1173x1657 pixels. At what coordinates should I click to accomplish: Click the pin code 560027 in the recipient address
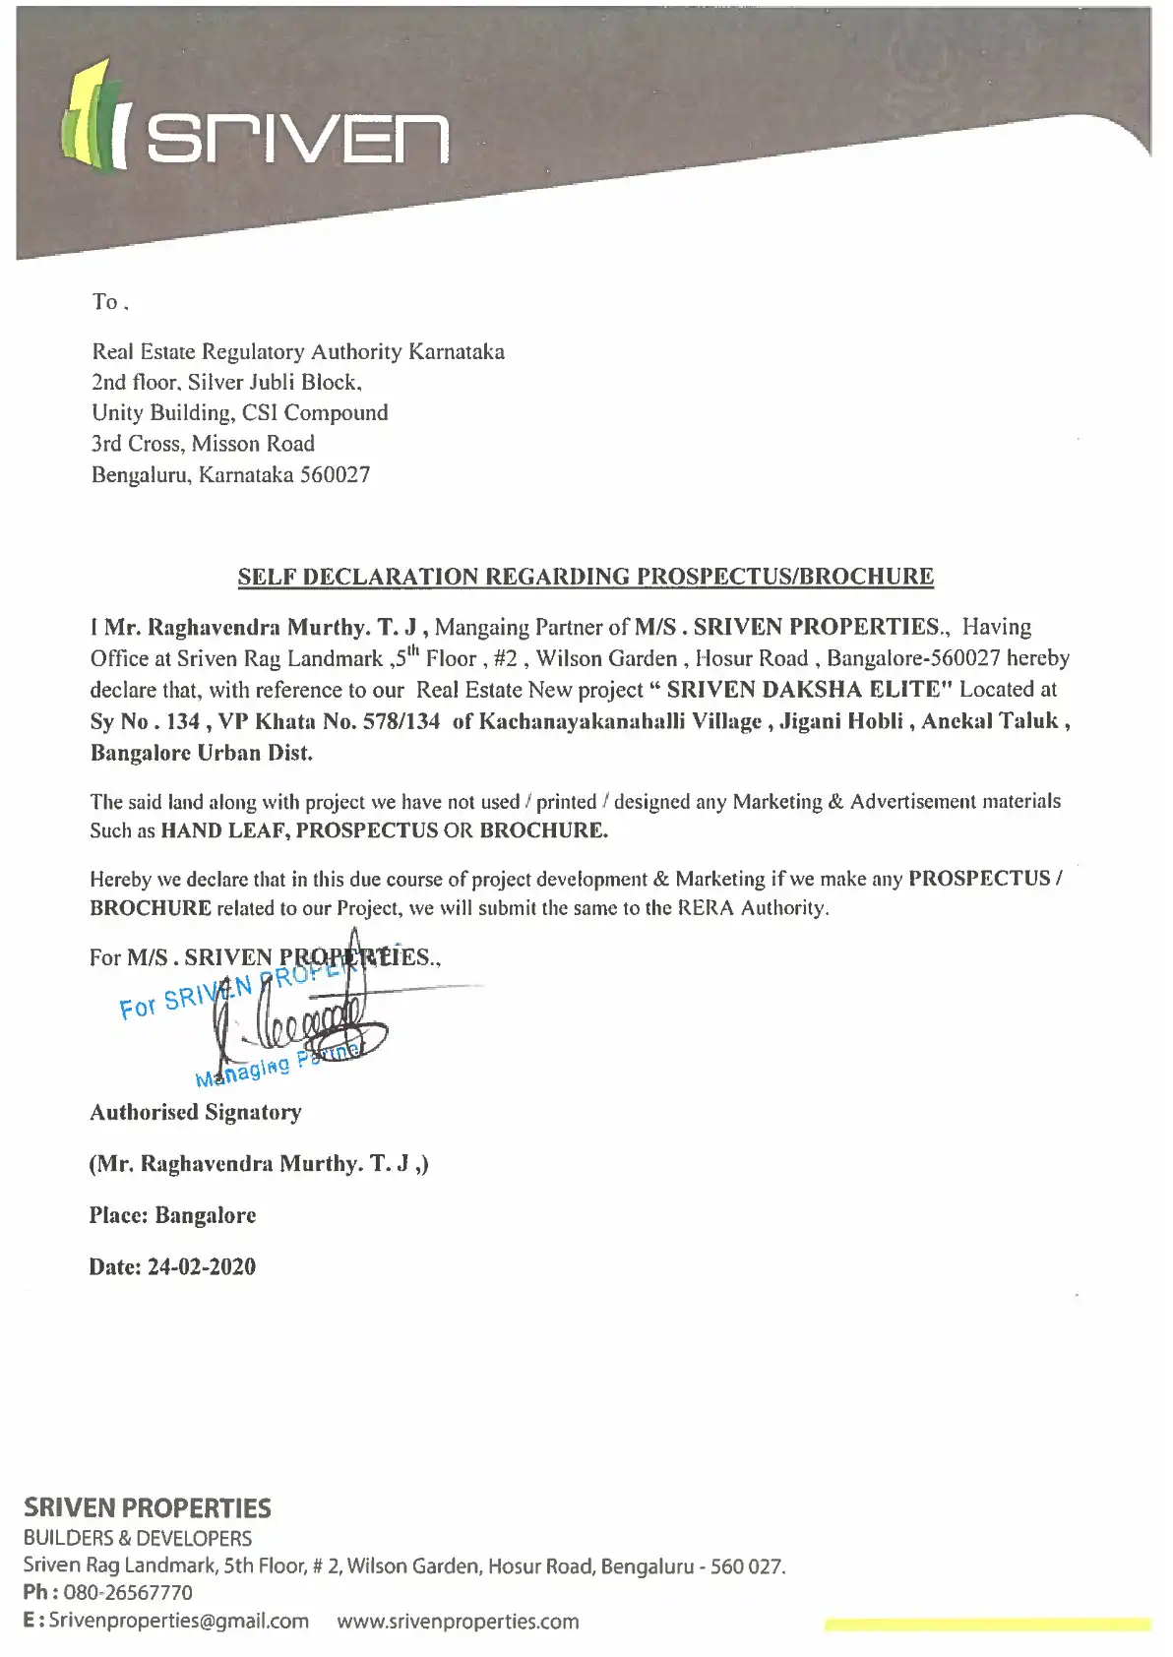[x=335, y=475]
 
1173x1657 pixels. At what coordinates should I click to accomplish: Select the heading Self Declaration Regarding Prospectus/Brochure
[x=586, y=577]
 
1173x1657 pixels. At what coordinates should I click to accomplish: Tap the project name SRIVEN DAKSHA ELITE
[x=803, y=690]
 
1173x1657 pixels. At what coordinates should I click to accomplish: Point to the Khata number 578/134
[x=401, y=721]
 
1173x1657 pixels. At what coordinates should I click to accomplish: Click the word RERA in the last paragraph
[x=706, y=908]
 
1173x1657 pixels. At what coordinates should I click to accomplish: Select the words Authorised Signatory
[x=196, y=1113]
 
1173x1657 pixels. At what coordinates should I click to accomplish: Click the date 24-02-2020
[x=202, y=1267]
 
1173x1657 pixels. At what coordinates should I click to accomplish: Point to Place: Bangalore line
[x=172, y=1216]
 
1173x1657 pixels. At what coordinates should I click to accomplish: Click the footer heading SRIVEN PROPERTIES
[x=148, y=1508]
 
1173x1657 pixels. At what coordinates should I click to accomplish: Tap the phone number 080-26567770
[x=128, y=1593]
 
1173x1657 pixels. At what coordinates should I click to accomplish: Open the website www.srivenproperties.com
[x=458, y=1622]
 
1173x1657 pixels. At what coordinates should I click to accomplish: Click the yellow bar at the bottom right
[x=987, y=1625]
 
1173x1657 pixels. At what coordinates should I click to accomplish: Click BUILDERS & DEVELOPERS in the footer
[x=138, y=1539]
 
